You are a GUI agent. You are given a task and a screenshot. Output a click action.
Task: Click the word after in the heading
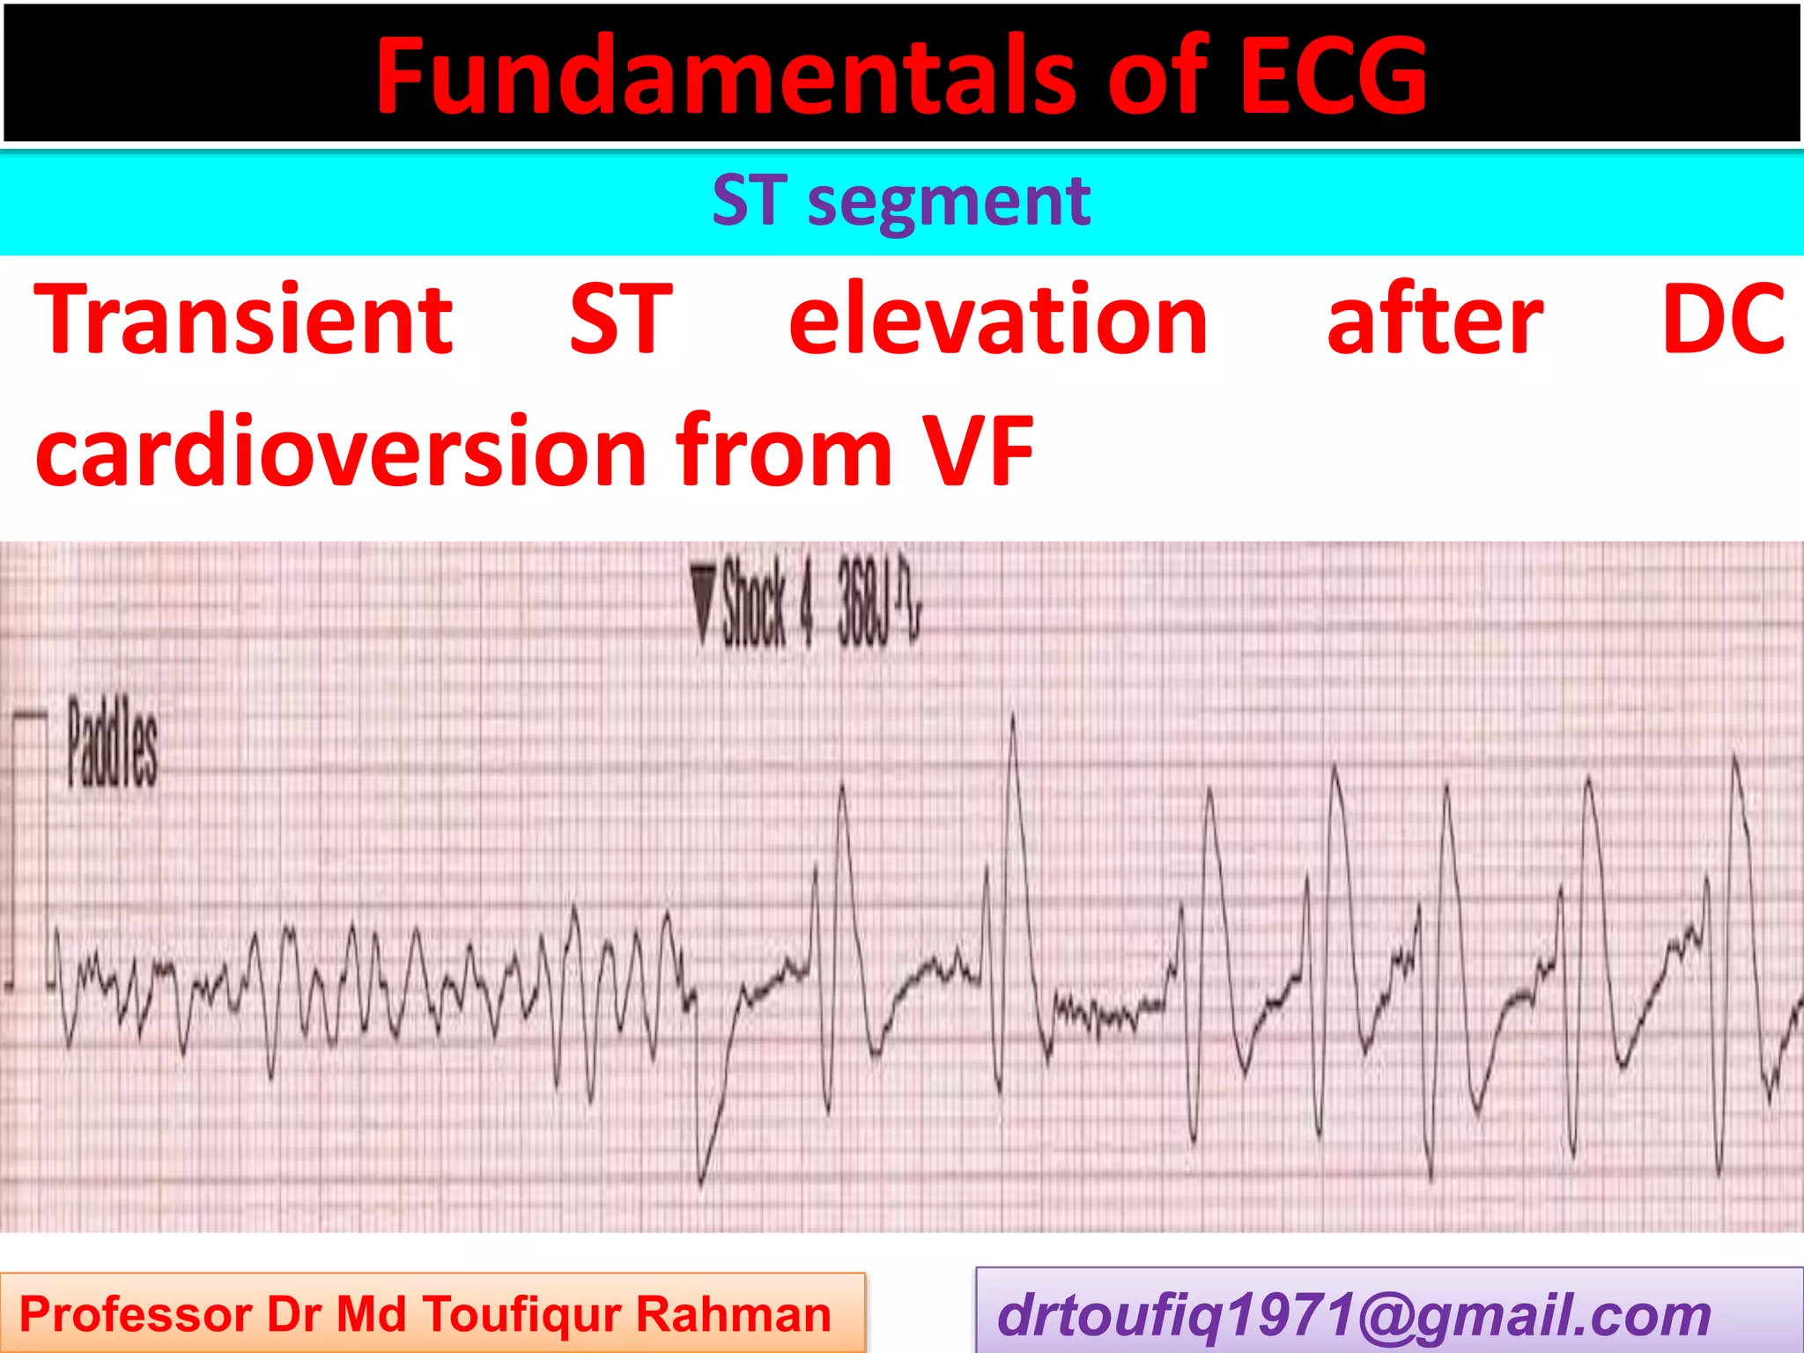click(1434, 321)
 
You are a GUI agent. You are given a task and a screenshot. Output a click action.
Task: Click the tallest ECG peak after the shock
click(1013, 718)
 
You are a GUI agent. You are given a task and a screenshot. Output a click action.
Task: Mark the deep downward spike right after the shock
click(701, 1180)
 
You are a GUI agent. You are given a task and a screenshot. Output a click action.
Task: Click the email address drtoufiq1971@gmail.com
click(1353, 1315)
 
